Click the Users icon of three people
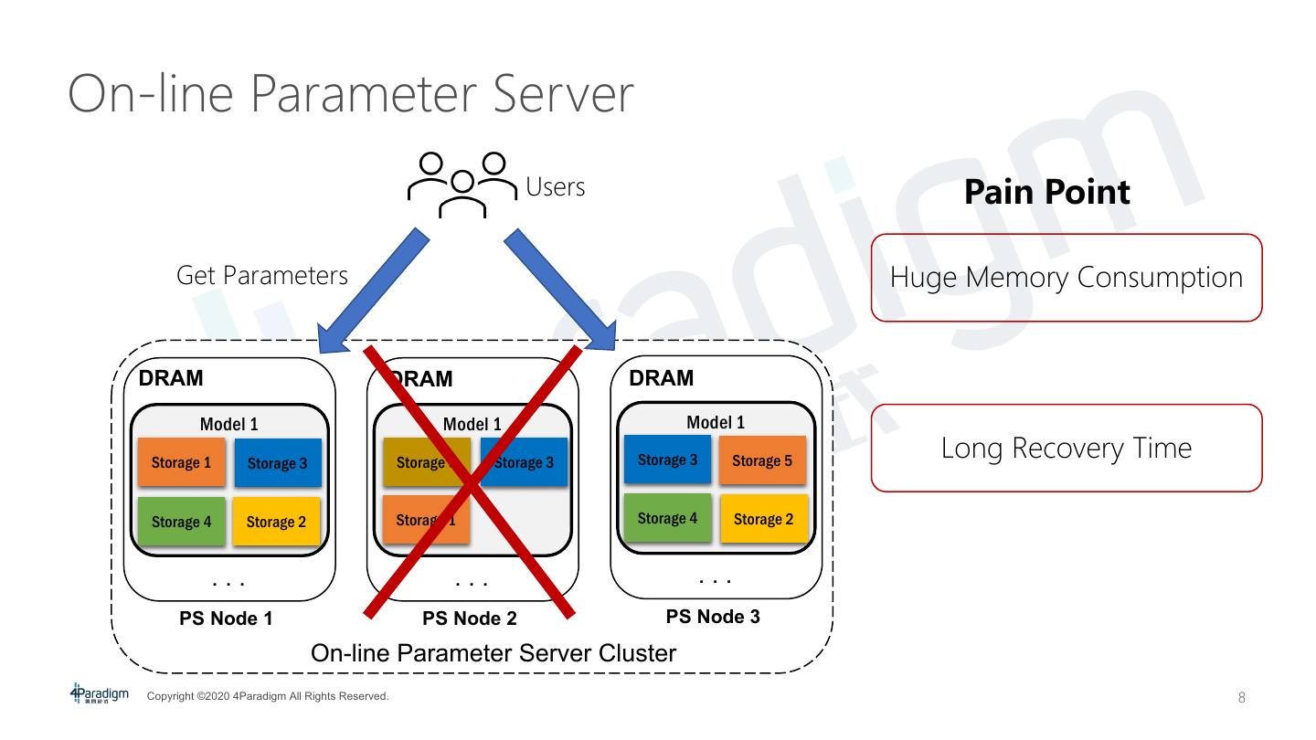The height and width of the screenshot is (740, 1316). (462, 185)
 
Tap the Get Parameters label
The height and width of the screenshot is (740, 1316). (262, 275)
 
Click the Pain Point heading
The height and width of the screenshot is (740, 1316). (1047, 192)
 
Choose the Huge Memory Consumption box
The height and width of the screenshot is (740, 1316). (1066, 278)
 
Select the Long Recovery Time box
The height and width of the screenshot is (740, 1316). (1066, 449)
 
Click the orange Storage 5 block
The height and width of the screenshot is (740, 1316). (762, 460)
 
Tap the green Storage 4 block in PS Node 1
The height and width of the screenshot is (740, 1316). (181, 523)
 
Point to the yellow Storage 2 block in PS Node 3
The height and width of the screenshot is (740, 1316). (763, 519)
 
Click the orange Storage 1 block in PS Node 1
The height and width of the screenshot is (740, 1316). (181, 462)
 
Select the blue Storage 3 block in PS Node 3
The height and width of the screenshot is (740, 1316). (667, 460)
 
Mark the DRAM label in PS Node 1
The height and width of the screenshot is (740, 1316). (171, 377)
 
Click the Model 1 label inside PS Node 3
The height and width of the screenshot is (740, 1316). (716, 422)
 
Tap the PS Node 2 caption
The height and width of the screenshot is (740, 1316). (470, 618)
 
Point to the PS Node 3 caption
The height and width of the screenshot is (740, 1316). (713, 617)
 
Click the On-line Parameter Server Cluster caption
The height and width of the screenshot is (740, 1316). (493, 653)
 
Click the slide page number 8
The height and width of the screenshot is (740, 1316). (1241, 698)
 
